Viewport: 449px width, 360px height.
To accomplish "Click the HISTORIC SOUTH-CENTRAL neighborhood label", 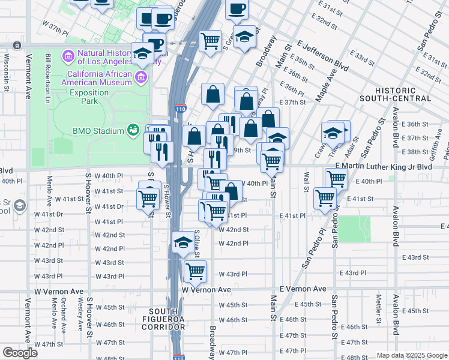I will coord(396,94).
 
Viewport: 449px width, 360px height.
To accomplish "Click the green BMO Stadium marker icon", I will coord(133,130).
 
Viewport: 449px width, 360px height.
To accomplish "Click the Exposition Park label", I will coord(89,97).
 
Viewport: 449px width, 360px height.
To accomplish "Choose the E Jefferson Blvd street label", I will coord(322,55).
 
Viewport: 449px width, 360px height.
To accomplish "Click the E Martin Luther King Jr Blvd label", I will coord(384,166).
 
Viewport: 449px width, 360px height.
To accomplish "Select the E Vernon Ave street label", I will coord(303,289).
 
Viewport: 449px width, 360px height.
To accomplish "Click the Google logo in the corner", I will coord(20,353).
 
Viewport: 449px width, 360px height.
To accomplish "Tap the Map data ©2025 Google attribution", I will coord(411,355).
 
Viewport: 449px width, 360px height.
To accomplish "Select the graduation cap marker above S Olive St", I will coord(182,243).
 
